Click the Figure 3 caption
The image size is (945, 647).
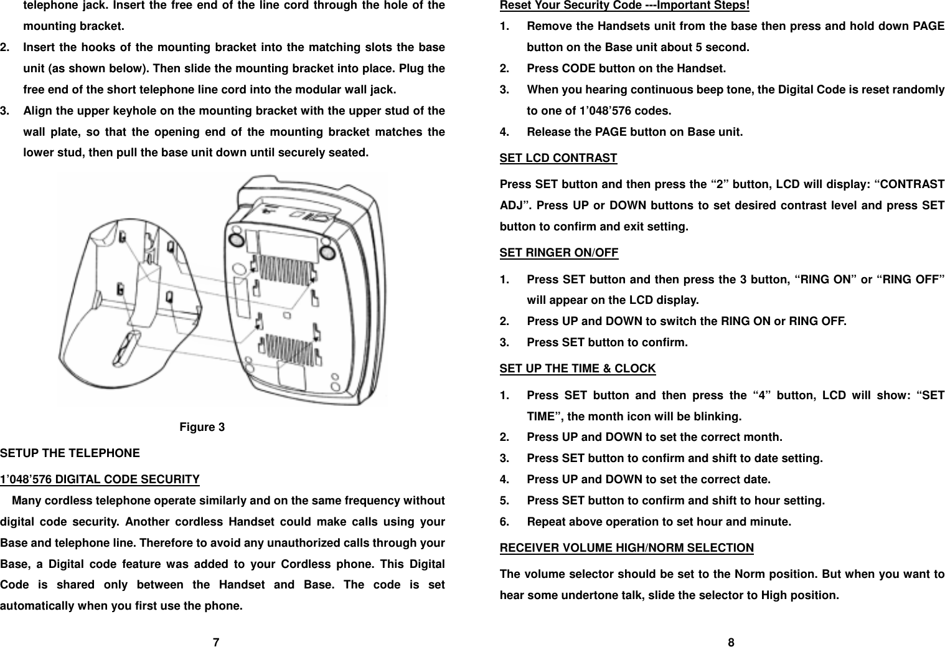(202, 427)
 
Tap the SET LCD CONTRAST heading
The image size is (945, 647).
(558, 158)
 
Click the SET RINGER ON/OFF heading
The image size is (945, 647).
(559, 252)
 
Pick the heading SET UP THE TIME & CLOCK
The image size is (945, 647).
(578, 368)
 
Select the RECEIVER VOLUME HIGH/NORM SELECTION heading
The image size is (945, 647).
(627, 548)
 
